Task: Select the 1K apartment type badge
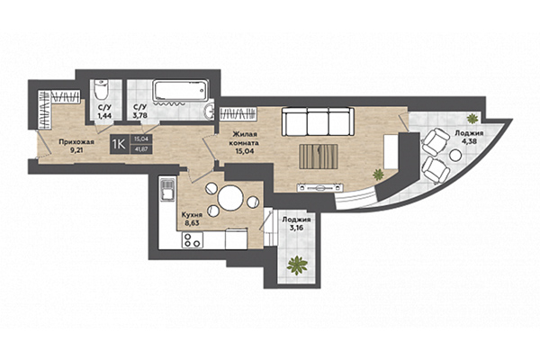pyautogui.click(x=117, y=141)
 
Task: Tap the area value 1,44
pyautogui.click(x=103, y=116)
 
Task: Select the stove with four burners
pyautogui.click(x=191, y=240)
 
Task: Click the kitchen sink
pyautogui.click(x=166, y=190)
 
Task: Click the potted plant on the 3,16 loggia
pyautogui.click(x=295, y=265)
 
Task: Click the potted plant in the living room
pyautogui.click(x=379, y=173)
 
